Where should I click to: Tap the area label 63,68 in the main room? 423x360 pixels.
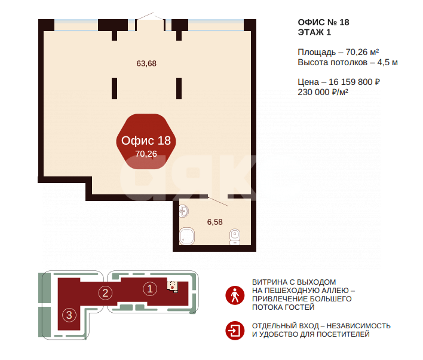[x=146, y=63]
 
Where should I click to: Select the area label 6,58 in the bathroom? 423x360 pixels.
[x=214, y=222]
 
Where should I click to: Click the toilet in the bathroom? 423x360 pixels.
[x=235, y=237]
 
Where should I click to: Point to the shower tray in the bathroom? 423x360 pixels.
[x=188, y=236]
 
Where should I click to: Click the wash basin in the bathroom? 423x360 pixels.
[x=184, y=210]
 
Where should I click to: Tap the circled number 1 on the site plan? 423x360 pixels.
[x=150, y=288]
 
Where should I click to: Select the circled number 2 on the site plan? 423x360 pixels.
[x=105, y=292]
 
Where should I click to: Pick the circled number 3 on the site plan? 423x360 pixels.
[x=69, y=315]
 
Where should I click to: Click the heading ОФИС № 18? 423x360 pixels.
[x=323, y=22]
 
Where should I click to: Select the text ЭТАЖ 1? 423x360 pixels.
[x=314, y=32]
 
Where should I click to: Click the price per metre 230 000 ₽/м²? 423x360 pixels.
[x=323, y=92]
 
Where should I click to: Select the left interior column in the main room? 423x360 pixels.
[x=114, y=88]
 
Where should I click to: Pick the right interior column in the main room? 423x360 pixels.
[x=179, y=88]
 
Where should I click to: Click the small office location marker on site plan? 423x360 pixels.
[x=173, y=285]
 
